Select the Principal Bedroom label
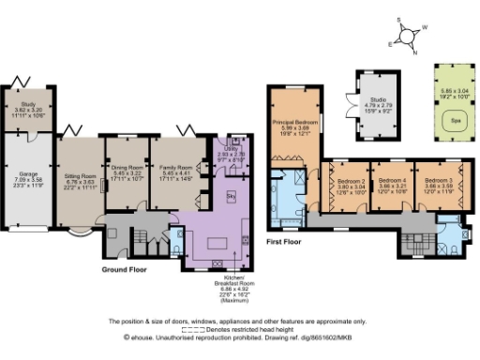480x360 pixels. pyautogui.click(x=291, y=122)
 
